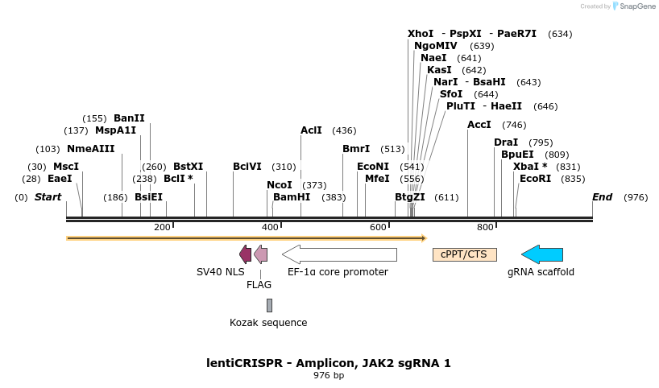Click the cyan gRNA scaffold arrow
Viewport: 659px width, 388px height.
(542, 254)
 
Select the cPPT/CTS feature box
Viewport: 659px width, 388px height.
(465, 254)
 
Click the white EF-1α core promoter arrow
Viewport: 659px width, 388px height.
(339, 254)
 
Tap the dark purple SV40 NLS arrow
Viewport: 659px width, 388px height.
(245, 254)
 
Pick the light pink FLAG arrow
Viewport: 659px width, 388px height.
(260, 254)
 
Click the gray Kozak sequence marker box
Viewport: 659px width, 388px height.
(269, 305)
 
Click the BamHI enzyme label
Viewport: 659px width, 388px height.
(292, 197)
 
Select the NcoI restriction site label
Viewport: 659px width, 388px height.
(280, 185)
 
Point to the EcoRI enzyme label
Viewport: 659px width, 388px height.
(536, 179)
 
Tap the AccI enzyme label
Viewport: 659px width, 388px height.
(479, 125)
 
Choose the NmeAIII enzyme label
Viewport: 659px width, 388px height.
(91, 149)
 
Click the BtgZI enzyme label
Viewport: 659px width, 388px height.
(410, 197)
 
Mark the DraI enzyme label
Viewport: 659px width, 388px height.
(506, 142)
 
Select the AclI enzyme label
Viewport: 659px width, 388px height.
(311, 130)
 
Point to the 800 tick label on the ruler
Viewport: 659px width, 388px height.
(485, 227)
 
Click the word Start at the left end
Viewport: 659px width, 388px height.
(48, 197)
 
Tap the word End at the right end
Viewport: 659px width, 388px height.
(603, 197)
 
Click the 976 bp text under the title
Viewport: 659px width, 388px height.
(329, 376)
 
